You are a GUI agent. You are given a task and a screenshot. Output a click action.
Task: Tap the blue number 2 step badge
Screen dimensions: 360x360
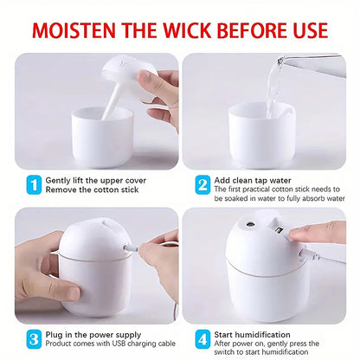click(x=202, y=185)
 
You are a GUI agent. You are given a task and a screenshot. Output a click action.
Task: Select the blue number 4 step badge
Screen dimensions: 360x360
click(x=202, y=338)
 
